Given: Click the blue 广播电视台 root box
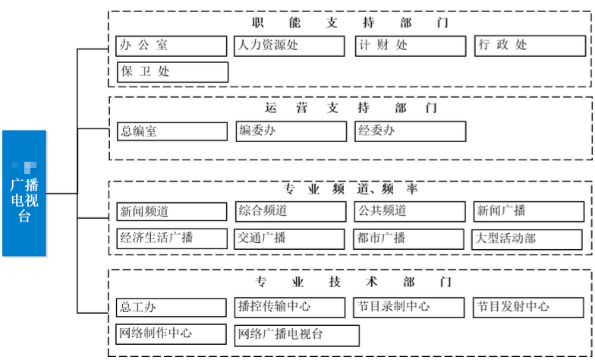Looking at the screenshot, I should point(24,193).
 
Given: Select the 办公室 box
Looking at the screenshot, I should point(172,46).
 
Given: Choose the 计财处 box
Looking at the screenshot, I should point(411,46).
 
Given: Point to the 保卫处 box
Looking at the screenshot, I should point(172,72).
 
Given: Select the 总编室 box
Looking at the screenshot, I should point(172,131).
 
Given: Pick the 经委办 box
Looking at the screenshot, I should point(411,131).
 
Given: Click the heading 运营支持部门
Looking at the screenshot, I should point(351,108).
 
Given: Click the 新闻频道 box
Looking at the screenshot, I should point(172,211).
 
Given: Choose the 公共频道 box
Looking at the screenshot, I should point(411,211).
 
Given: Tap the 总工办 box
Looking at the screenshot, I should point(172,308).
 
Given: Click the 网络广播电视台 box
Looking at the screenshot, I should point(297,334).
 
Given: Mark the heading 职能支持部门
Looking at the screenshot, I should point(351,23).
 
